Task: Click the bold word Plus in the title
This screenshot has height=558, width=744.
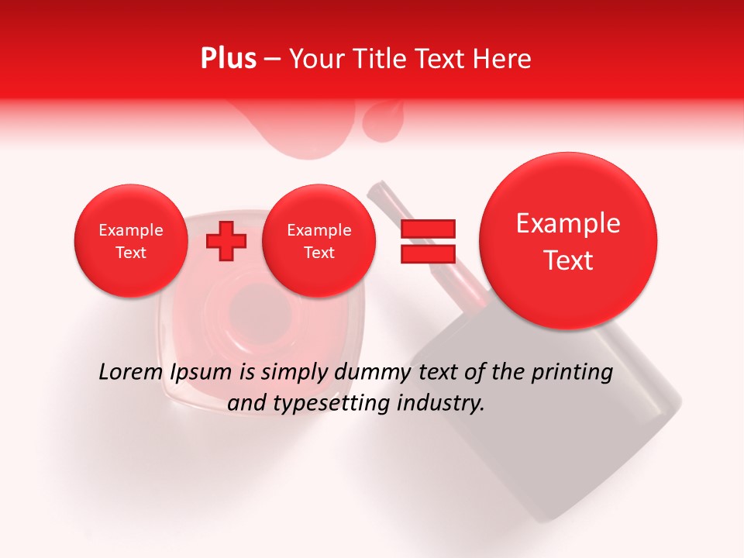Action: pos(228,59)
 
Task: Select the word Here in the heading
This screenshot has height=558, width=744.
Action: pos(501,59)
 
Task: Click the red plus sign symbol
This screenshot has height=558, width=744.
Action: pos(226,241)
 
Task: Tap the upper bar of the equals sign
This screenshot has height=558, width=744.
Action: pos(428,229)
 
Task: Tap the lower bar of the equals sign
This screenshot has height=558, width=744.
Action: pos(428,253)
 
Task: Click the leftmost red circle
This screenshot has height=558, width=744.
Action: pos(131,241)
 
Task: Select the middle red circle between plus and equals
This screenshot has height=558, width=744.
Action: pos(319,241)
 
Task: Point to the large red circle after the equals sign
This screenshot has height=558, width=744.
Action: pos(568,241)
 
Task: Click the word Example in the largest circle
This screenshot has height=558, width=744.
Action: pos(568,223)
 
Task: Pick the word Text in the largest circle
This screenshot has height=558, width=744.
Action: pos(568,260)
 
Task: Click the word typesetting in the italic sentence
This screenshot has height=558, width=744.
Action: pos(336,404)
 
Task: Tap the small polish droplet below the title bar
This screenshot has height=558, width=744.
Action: pos(381,124)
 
